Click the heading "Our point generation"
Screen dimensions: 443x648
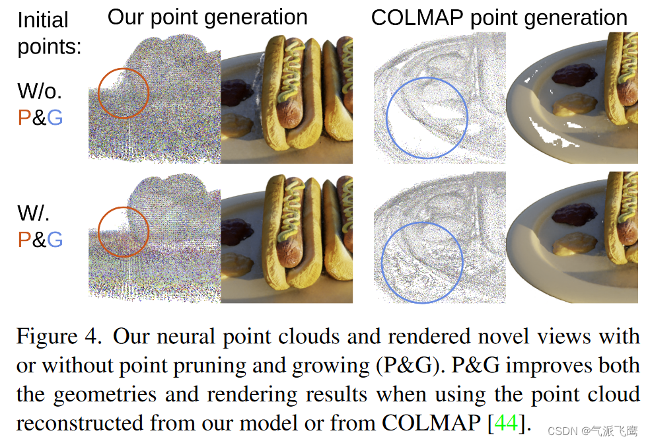[207, 17]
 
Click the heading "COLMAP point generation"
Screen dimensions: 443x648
[499, 17]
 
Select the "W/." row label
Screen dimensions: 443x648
[34, 213]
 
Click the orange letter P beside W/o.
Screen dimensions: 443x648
[24, 118]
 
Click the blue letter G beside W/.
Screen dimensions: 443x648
[55, 239]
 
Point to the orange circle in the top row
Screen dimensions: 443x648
[124, 93]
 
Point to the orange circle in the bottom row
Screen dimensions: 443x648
[124, 232]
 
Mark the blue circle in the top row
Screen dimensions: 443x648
[427, 118]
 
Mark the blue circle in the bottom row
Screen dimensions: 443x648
[421, 259]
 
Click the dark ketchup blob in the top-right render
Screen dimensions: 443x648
[571, 73]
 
